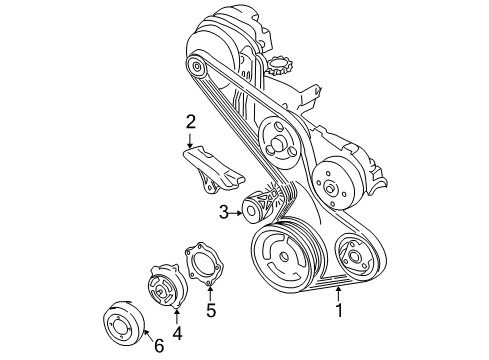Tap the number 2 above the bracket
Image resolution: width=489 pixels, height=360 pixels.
pyautogui.click(x=189, y=123)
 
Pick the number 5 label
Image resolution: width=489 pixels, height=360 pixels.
pyautogui.click(x=210, y=309)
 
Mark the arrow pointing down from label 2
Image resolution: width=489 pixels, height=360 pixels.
pyautogui.click(x=189, y=141)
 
